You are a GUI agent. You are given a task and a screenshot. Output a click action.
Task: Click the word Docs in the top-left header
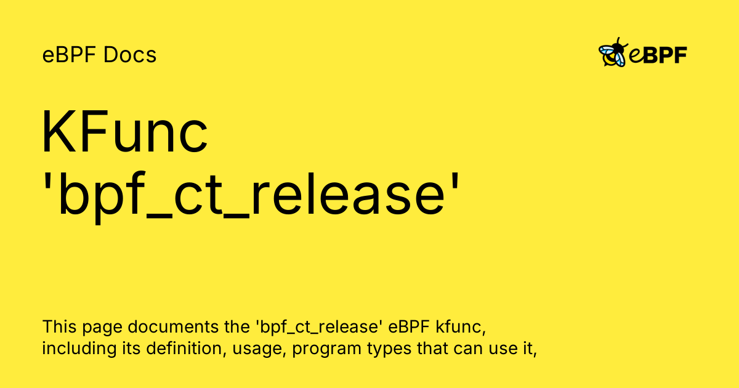click(x=130, y=55)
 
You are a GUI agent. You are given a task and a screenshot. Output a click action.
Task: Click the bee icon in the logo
click(x=613, y=52)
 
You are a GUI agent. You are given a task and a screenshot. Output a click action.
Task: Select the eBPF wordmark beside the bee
click(x=658, y=55)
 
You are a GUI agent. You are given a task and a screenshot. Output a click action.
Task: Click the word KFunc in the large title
click(x=124, y=132)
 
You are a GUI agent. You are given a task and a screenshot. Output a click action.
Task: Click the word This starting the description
click(x=59, y=326)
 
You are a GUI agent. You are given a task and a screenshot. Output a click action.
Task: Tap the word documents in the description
click(x=173, y=326)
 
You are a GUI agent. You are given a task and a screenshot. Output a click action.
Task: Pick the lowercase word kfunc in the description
click(x=461, y=326)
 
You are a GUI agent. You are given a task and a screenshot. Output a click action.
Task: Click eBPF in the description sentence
click(x=409, y=326)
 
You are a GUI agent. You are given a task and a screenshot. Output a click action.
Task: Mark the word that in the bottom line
click(x=432, y=349)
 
